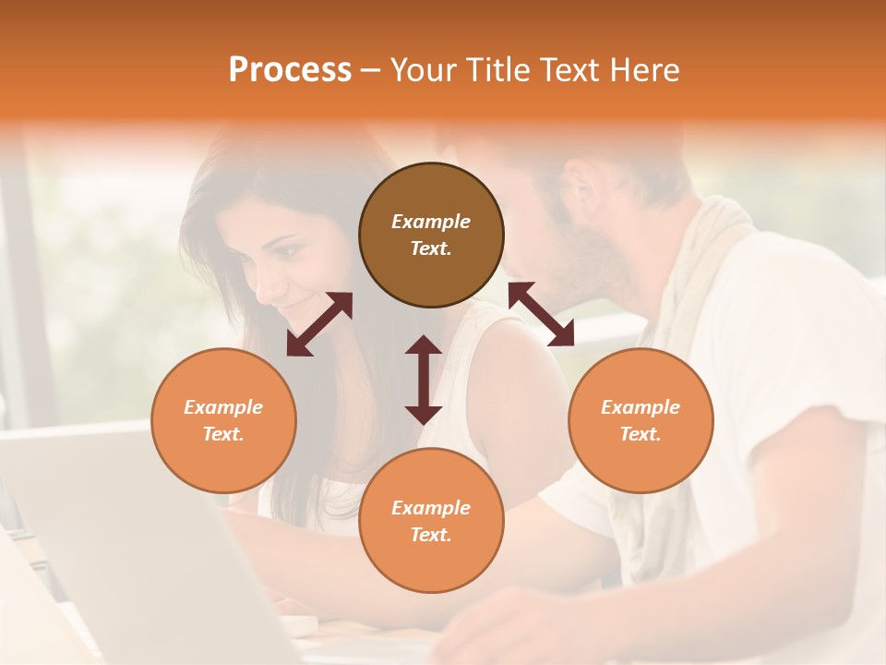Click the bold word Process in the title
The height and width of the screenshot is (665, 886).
[290, 70]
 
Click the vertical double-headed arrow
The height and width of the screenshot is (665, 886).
[424, 380]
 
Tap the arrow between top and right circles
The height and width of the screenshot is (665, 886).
[541, 314]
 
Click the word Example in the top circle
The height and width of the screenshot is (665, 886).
[431, 222]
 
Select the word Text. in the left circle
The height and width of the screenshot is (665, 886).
[223, 434]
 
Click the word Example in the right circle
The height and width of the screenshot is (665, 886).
[641, 407]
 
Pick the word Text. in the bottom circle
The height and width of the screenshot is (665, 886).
[431, 535]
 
